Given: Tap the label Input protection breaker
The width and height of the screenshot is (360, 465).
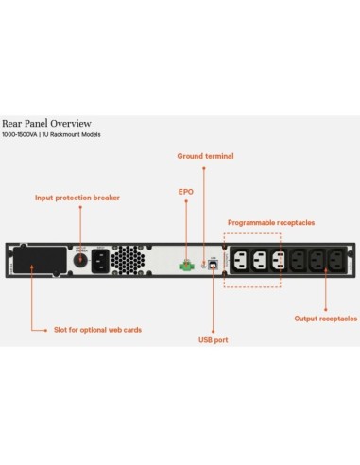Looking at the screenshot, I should coord(77,198).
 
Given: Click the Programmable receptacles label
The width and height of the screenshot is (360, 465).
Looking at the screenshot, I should coord(271,222).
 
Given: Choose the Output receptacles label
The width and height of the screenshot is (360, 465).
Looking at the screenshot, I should coord(326,319).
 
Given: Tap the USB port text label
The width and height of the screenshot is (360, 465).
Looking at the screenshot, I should coord(214,338).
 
